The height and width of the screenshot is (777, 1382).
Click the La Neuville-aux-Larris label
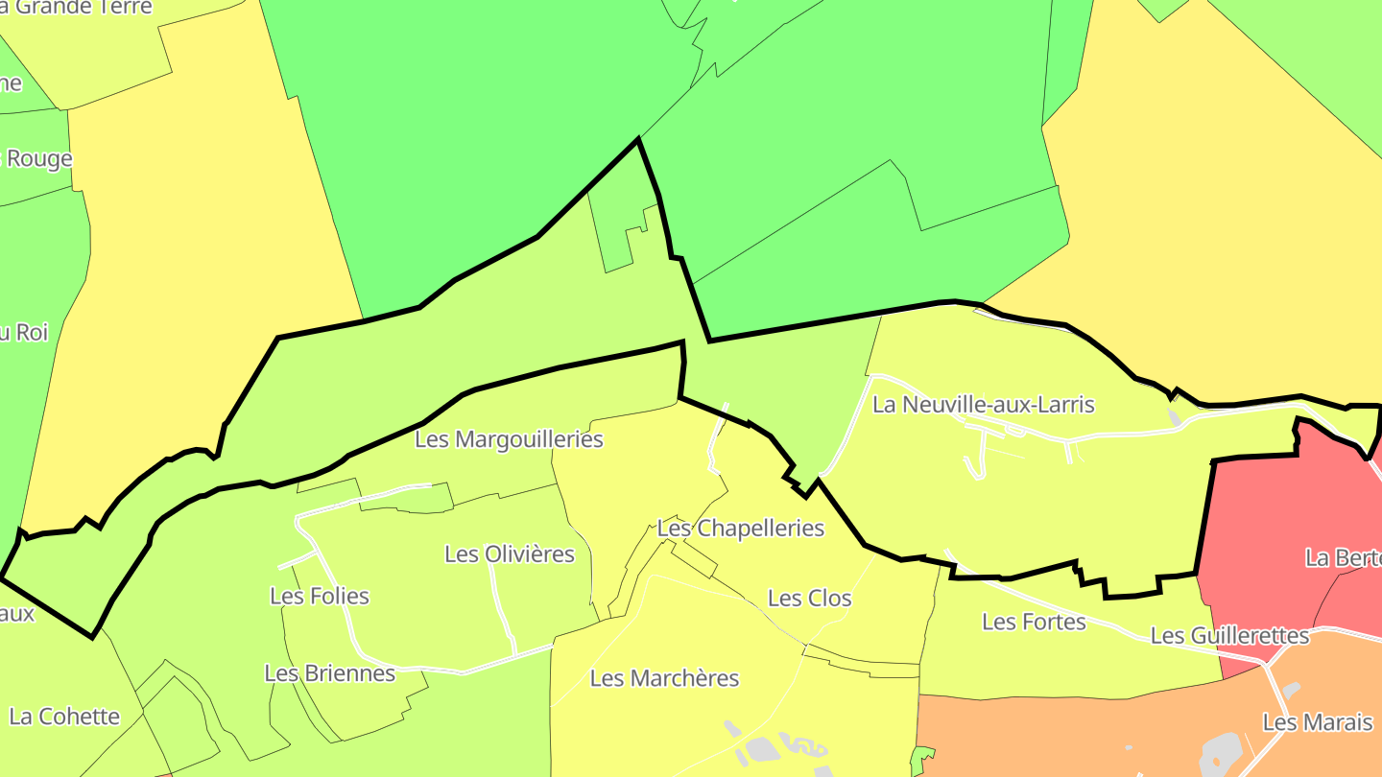tap(983, 405)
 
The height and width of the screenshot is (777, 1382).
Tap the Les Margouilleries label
tap(509, 439)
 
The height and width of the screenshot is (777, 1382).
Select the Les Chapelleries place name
tap(740, 529)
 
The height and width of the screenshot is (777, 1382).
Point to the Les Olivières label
tap(510, 554)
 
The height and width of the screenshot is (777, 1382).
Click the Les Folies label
tap(320, 597)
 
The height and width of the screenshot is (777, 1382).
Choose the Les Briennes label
tap(329, 673)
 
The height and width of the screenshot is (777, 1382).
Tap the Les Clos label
tap(809, 599)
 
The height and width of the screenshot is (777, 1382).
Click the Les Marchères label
tap(664, 679)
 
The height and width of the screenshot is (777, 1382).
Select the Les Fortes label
tap(1034, 623)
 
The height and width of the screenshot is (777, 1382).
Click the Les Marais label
tap(1318, 722)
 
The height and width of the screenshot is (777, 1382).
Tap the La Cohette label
tap(64, 717)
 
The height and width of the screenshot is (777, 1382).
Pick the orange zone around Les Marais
tap(1104, 729)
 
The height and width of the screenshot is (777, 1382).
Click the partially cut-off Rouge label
tap(38, 159)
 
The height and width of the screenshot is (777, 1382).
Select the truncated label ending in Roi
tap(23, 333)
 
